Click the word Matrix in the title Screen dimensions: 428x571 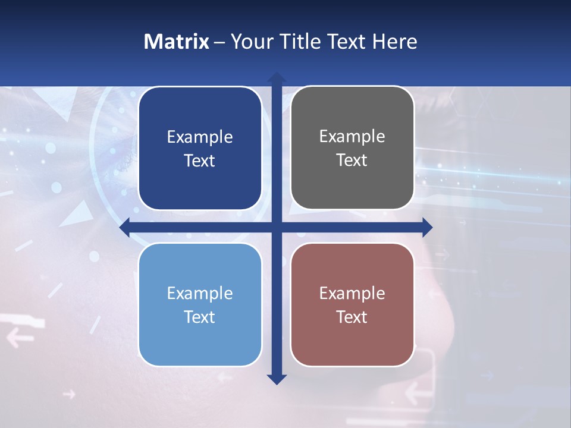pos(177,42)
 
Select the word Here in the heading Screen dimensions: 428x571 pos(395,42)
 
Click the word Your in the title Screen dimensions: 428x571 pos(248,42)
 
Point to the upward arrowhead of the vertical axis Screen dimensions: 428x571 pos(277,77)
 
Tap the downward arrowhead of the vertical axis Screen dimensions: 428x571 pos(277,379)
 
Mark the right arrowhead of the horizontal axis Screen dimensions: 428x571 pos(426,227)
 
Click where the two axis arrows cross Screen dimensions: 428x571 pos(277,227)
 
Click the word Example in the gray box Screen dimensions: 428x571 pos(352,136)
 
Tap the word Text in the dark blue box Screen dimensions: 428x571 pos(200,160)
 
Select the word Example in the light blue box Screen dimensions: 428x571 pos(200,293)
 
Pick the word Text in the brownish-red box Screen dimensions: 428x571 pos(352,317)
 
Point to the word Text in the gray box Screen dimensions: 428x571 pos(352,160)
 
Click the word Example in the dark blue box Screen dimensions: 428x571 pos(200,137)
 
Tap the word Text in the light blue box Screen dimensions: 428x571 pos(200,317)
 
